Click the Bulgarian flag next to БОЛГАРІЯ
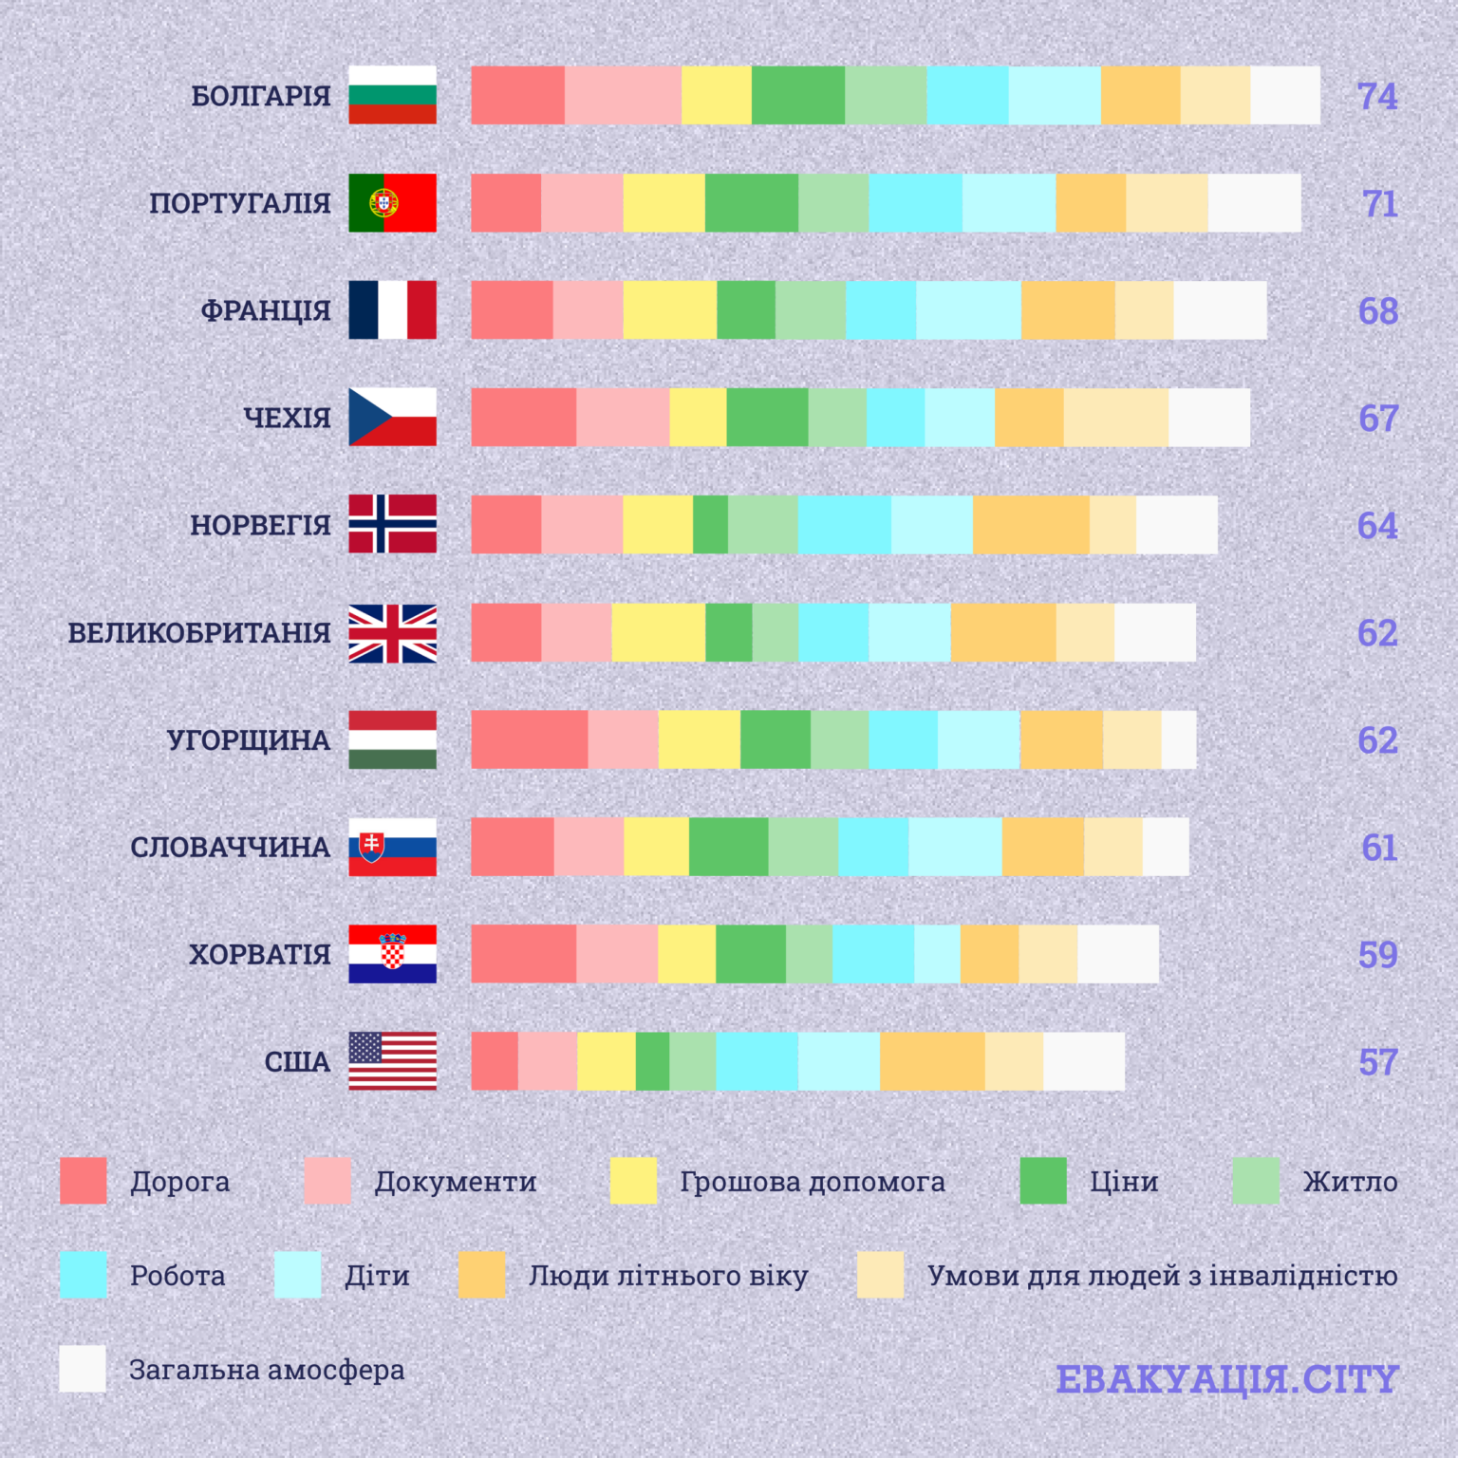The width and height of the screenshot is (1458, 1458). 392,95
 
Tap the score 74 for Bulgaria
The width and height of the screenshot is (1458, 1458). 1376,97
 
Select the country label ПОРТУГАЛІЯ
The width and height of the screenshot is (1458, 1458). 240,203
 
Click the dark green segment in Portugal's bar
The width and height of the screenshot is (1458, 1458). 751,203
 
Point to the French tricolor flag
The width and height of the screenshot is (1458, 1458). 392,309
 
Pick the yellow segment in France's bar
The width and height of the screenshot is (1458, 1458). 669,309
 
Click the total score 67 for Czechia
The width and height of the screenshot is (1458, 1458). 1377,419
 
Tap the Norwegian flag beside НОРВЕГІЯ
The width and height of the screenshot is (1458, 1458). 392,524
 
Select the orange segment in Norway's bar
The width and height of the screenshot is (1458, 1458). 1031,524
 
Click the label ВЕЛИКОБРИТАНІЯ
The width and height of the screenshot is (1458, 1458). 199,633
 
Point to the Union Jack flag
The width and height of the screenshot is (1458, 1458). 392,633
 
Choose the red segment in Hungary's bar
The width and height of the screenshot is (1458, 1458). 529,739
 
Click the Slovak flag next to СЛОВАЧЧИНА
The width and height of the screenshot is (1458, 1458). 392,847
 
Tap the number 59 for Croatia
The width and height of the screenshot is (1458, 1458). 1377,955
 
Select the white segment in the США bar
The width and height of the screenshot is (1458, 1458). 1083,1061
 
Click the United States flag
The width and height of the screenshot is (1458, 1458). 392,1061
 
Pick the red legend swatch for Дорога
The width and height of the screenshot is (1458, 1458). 84,1181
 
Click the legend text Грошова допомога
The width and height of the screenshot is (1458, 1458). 813,1182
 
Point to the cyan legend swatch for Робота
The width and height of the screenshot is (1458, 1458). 84,1275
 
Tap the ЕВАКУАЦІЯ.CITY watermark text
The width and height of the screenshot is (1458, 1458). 1227,1379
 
